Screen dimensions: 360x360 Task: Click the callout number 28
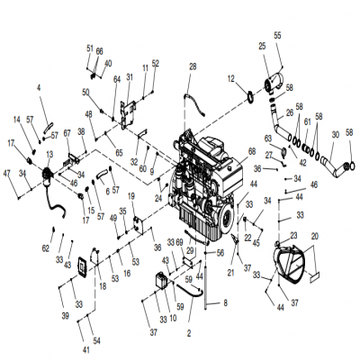[192, 67]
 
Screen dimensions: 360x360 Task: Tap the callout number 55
[277, 34]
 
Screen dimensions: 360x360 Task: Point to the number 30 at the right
[333, 134]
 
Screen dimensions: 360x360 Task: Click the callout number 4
[39, 87]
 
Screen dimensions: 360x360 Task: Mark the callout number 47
[7, 172]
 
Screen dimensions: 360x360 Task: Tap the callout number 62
[44, 247]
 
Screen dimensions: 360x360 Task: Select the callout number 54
[96, 342]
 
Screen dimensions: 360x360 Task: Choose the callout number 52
[155, 63]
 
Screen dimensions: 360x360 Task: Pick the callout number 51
[90, 47]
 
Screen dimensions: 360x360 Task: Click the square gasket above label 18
[86, 265]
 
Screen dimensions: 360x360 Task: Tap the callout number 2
[188, 332]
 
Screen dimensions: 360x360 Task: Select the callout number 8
[225, 302]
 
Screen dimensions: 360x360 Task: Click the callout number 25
[262, 46]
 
